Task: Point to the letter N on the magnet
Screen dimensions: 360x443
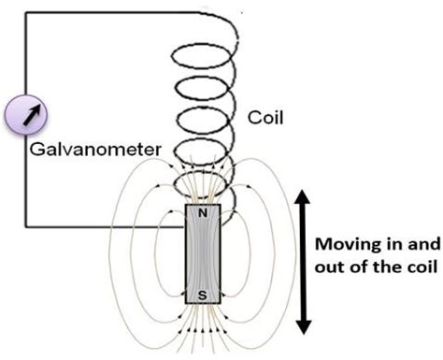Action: tap(204, 213)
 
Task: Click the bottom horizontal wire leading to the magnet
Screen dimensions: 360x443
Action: tap(103, 227)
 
